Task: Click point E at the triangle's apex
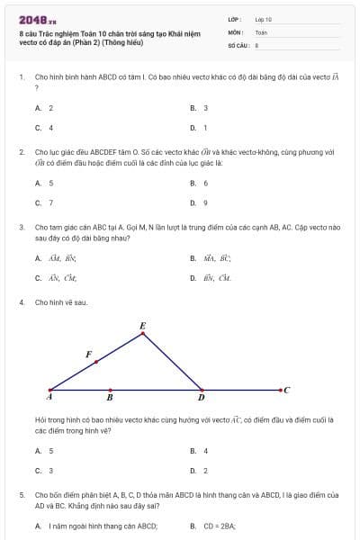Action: pyautogui.click(x=143, y=334)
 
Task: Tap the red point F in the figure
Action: pyautogui.click(x=96, y=362)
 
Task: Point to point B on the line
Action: pyautogui.click(x=110, y=390)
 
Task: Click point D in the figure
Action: pyautogui.click(x=201, y=390)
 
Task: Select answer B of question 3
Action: pyautogui.click(x=212, y=257)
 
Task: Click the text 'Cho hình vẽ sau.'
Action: pyautogui.click(x=61, y=302)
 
